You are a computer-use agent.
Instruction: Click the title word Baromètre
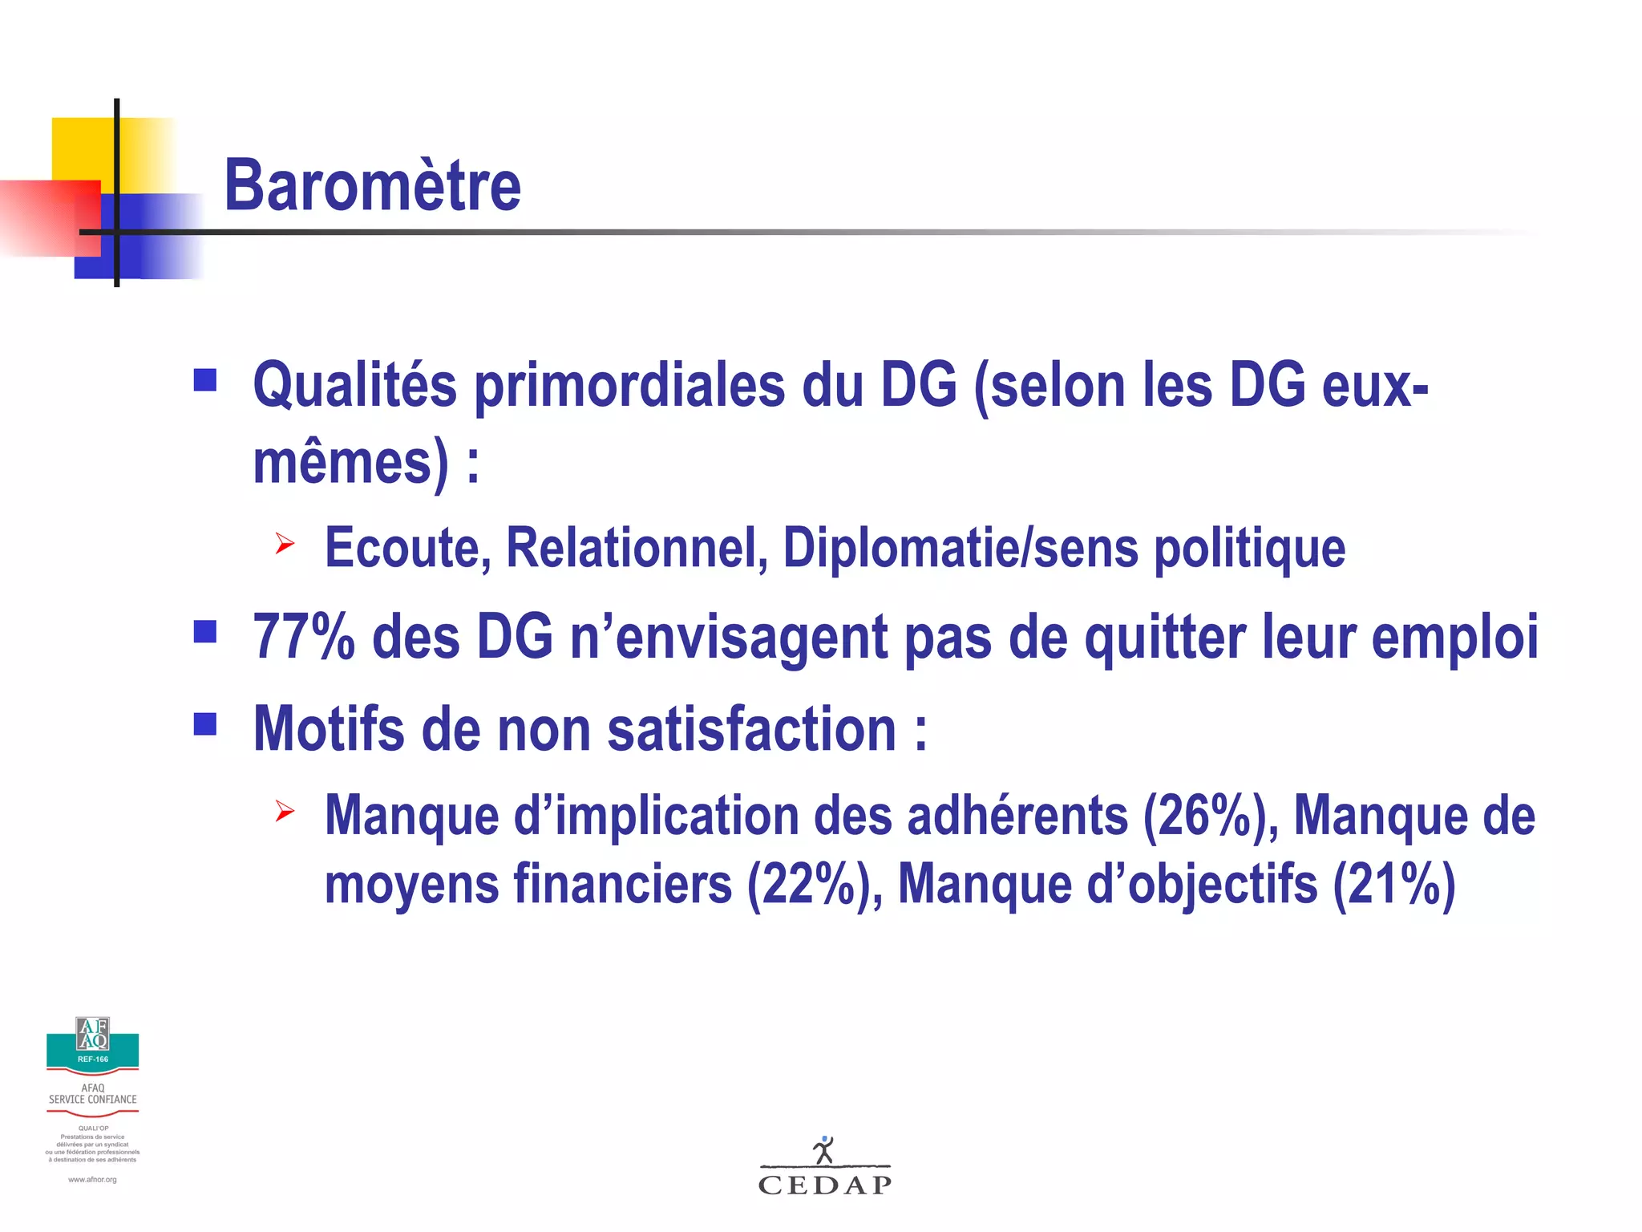click(373, 186)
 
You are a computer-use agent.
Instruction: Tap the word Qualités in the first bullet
click(354, 387)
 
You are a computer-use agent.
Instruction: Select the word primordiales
click(629, 387)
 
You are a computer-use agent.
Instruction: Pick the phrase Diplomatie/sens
click(961, 549)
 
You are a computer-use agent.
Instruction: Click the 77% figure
click(304, 638)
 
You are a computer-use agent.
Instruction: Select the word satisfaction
click(751, 730)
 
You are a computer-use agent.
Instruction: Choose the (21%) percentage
click(1393, 885)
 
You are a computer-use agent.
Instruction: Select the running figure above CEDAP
click(823, 1150)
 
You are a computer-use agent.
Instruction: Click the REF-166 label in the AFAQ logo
click(93, 1060)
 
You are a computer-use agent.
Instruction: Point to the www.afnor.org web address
click(92, 1180)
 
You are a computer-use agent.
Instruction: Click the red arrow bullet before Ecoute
click(285, 544)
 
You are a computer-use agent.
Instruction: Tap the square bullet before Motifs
click(205, 724)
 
